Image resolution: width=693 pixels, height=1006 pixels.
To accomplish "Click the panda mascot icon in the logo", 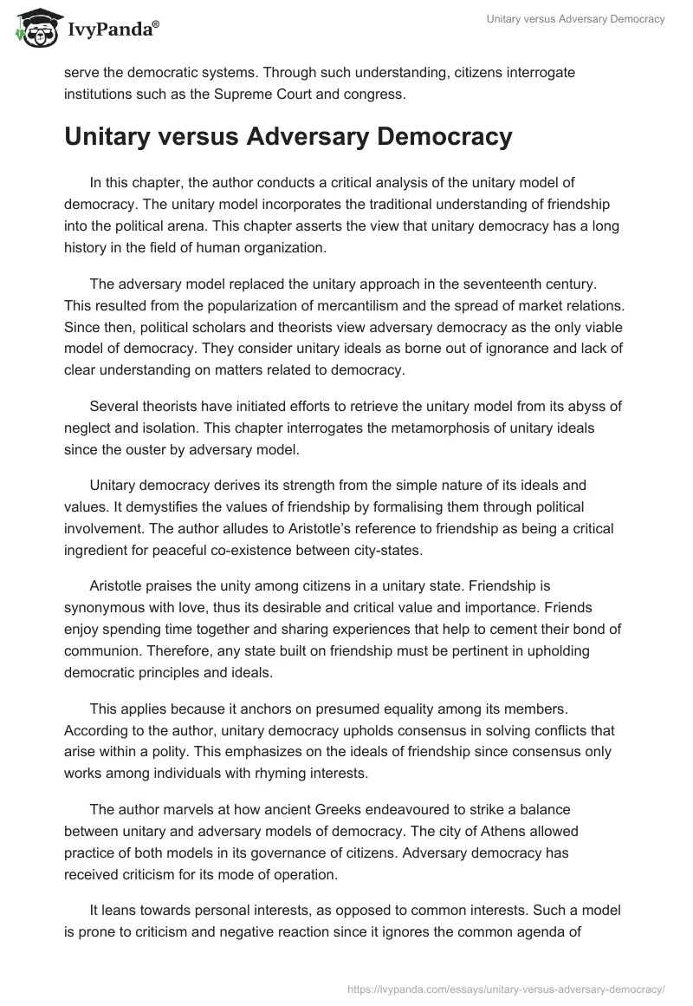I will click(33, 29).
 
